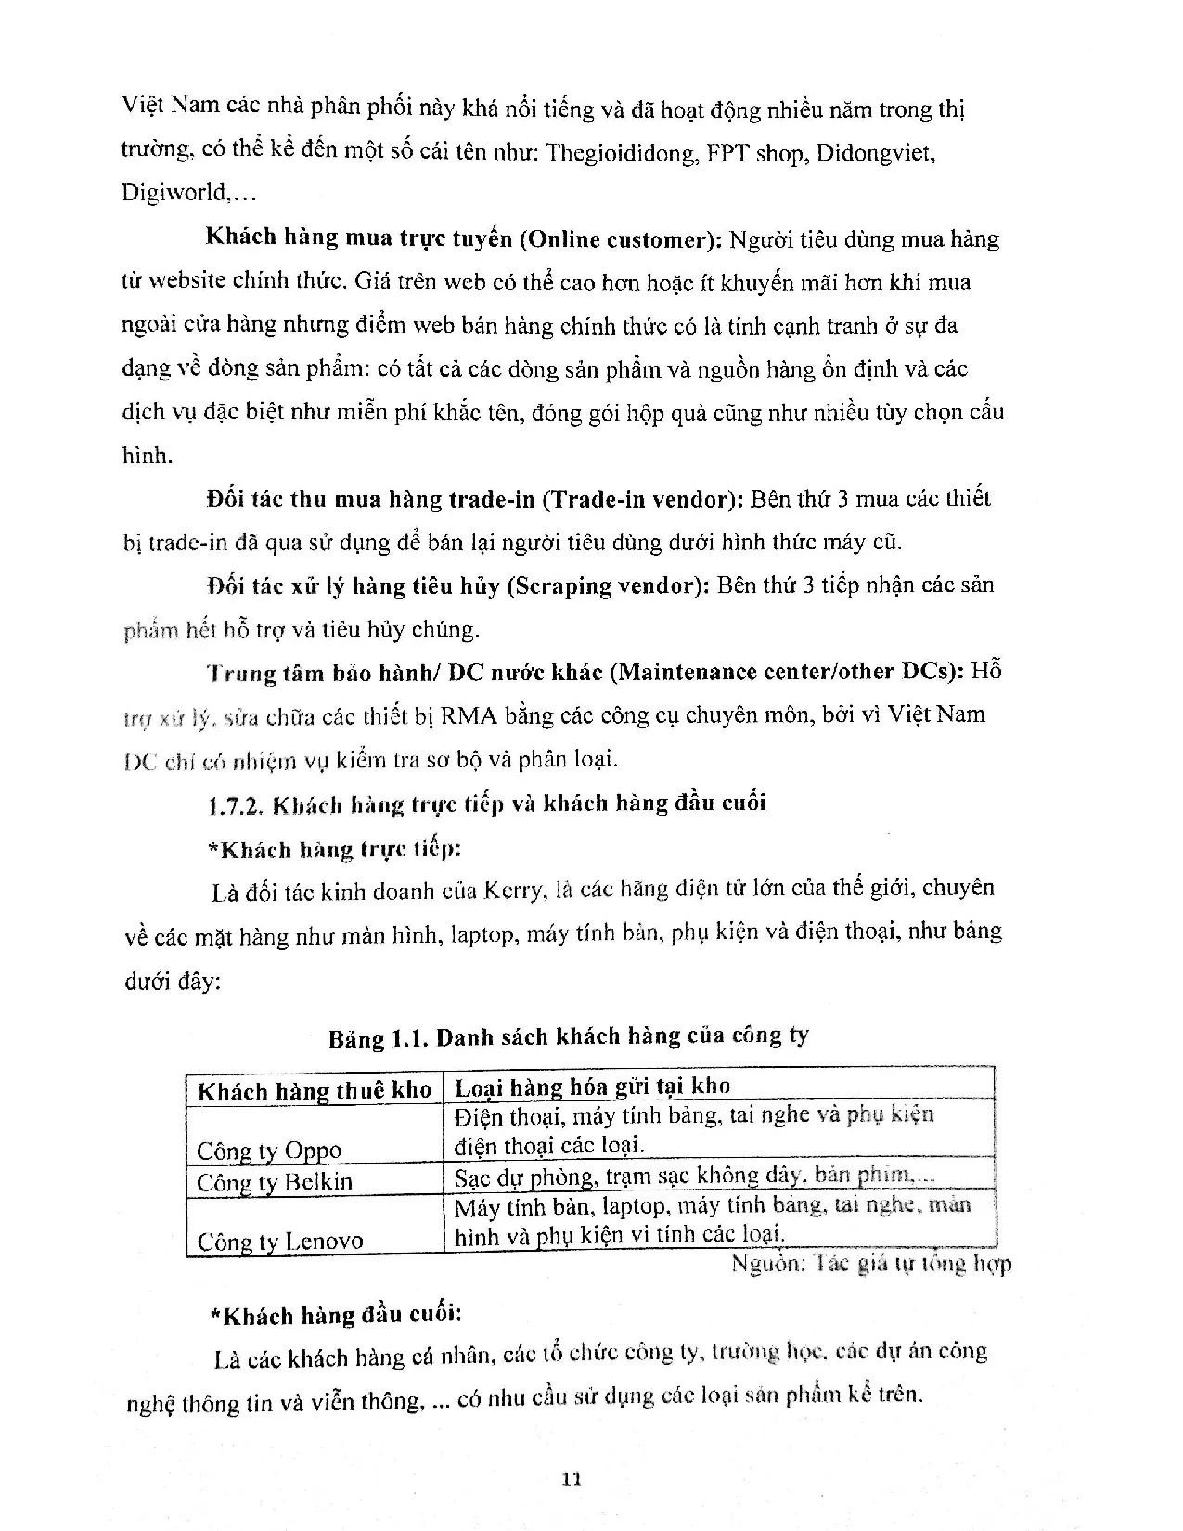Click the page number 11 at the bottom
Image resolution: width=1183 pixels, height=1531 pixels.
572,1479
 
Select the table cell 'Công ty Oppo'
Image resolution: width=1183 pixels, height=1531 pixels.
269,1151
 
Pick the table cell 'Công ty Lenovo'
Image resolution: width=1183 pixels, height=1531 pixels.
279,1241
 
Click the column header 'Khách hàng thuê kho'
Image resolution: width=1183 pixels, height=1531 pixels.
315,1090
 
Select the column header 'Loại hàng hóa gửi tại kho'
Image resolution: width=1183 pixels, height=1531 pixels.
592,1087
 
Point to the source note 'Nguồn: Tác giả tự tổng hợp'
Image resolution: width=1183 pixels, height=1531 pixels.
870,1263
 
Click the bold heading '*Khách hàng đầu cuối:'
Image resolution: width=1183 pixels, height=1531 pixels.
336,1315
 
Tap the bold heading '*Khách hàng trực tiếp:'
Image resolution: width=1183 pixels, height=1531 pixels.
336,849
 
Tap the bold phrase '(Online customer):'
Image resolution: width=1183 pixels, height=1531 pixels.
621,239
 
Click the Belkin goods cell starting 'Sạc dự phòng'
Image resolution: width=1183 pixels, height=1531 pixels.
693,1177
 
